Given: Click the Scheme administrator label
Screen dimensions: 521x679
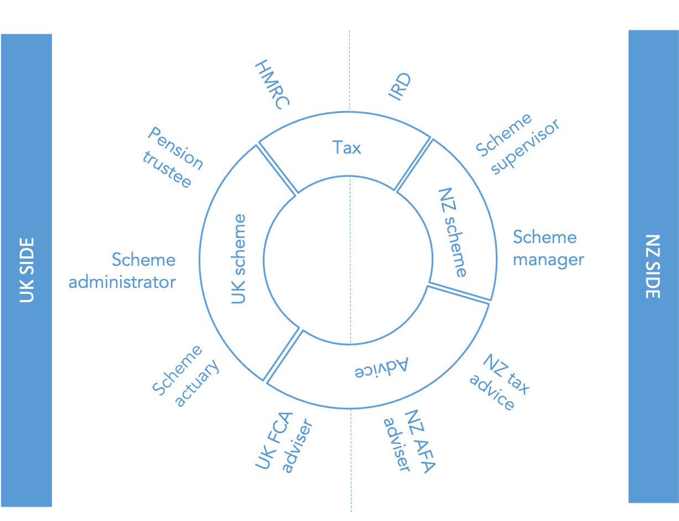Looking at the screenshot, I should click(122, 271).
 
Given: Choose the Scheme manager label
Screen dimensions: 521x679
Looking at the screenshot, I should click(547, 248).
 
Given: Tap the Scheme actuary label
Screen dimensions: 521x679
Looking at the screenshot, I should click(185, 376).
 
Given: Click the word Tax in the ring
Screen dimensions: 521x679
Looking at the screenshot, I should click(346, 148).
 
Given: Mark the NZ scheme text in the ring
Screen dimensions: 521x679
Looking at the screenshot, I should click(452, 232).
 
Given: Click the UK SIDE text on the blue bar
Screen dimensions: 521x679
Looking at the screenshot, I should click(27, 270).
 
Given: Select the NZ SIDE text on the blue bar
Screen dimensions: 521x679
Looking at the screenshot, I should click(653, 267).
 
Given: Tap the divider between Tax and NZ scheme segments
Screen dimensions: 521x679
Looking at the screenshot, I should click(414, 165).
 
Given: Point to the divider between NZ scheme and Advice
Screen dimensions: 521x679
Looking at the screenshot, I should click(458, 293).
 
